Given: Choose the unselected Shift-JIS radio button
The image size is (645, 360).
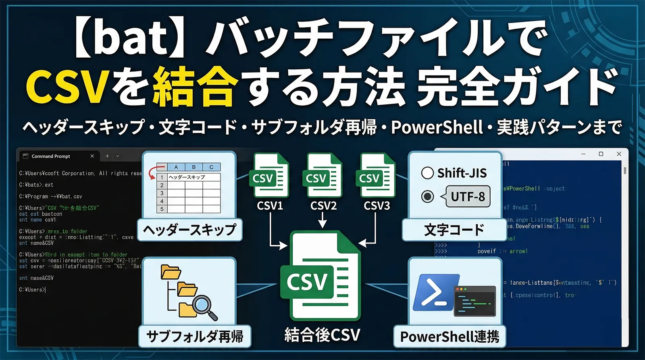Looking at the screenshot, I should (x=427, y=173).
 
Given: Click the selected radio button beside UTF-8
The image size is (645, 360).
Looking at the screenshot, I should (x=427, y=196).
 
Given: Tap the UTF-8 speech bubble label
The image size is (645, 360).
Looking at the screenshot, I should (x=468, y=196).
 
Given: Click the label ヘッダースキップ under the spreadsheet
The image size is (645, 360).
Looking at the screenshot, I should (x=189, y=230).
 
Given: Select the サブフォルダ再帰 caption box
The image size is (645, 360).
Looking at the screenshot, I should (x=195, y=336).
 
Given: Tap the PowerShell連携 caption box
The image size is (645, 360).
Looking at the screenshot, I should (x=449, y=336).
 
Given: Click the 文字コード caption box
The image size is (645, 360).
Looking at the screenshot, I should (x=454, y=230).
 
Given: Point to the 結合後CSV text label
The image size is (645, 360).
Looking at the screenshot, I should (x=322, y=335).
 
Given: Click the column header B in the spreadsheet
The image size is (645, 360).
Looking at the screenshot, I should (x=193, y=167).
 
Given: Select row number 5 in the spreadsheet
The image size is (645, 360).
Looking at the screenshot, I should (x=162, y=209).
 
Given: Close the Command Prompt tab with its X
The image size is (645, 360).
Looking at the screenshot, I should (x=92, y=156).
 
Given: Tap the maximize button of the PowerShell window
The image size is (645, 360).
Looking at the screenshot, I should (x=601, y=154).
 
